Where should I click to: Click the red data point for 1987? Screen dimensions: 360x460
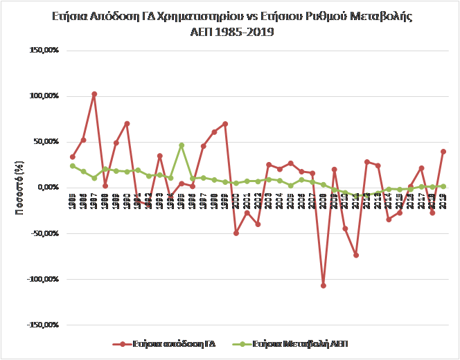(94, 94)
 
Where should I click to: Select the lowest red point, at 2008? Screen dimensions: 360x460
(323, 285)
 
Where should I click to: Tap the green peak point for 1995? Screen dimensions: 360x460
(182, 145)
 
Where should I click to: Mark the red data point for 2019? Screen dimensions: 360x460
(443, 152)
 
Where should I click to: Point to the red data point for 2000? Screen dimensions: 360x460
(236, 233)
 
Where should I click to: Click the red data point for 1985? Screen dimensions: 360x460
(72, 156)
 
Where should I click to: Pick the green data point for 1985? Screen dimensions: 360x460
(72, 165)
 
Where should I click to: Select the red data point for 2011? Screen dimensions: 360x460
(356, 255)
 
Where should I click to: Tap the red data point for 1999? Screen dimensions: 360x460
(225, 124)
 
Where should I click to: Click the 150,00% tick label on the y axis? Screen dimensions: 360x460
(44, 51)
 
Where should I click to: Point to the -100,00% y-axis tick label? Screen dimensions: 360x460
(42, 279)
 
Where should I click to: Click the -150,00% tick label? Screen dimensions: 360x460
(42, 325)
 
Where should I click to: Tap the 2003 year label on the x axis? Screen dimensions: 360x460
(268, 201)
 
